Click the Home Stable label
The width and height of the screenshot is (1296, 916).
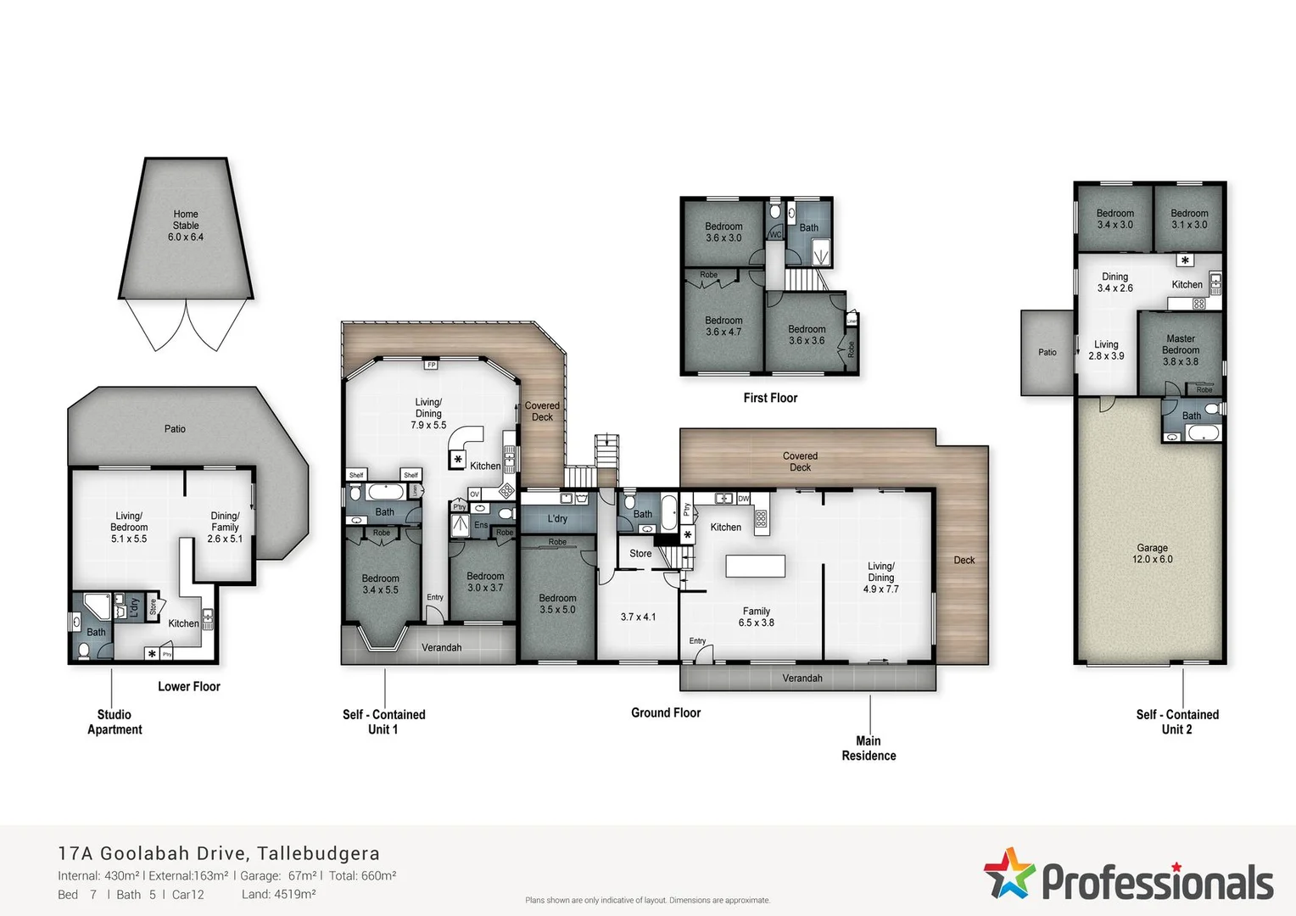coord(186,226)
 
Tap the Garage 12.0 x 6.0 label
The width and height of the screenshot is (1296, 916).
coord(1152,554)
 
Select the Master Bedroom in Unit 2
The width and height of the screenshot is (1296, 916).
coord(1180,350)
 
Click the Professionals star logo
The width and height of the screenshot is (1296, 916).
coord(1008,873)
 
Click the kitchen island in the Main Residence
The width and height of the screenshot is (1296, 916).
coord(755,566)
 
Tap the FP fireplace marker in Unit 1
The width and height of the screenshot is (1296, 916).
coord(431,365)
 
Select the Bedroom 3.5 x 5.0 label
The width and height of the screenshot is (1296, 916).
coord(557,604)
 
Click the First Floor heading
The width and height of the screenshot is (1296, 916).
coord(770,398)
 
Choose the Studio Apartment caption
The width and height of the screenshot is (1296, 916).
coord(115,722)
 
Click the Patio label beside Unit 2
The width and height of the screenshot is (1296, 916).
coord(1047,352)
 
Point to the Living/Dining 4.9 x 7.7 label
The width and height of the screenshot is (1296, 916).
coord(880,578)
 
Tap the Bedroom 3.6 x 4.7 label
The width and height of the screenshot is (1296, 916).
coord(723,327)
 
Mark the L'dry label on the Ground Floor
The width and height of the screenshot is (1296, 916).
coord(557,518)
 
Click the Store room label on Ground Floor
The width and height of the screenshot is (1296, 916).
coord(640,554)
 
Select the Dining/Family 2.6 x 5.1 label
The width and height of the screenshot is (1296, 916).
coord(225,527)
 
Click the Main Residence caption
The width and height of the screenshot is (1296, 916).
coord(869,748)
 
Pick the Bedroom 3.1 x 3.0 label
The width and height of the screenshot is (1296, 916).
coord(1189,219)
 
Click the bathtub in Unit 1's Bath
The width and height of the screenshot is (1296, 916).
coord(386,491)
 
